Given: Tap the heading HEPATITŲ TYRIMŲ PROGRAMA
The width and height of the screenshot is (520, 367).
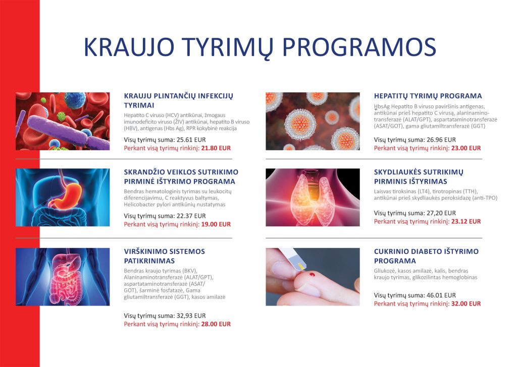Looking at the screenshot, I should [x=428, y=96].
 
